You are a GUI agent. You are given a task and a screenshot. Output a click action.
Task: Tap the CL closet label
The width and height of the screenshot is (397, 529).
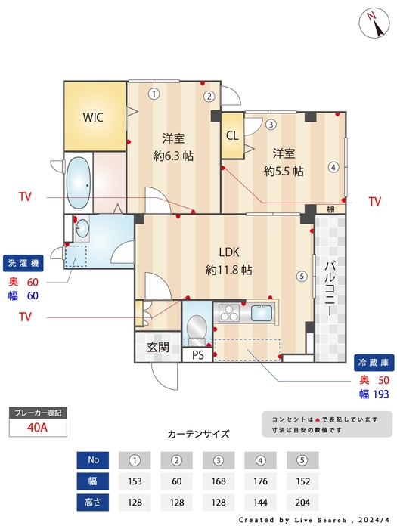click(233, 136)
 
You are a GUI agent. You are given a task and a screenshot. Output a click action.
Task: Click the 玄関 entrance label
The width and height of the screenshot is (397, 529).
click(158, 348)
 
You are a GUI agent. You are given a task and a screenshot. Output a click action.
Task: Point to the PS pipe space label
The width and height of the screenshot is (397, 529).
click(198, 354)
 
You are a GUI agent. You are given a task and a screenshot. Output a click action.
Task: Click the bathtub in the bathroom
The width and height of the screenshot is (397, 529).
click(79, 184)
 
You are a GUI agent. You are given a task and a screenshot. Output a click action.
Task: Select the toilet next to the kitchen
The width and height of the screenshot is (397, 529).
click(196, 326)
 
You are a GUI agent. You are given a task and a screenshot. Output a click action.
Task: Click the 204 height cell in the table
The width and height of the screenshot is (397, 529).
click(302, 502)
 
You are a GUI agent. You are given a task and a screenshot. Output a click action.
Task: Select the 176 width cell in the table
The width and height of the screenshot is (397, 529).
click(260, 481)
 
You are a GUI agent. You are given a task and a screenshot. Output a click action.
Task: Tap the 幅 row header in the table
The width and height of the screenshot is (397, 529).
click(94, 481)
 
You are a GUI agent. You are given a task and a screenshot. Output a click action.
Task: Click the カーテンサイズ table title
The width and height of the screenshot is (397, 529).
click(198, 434)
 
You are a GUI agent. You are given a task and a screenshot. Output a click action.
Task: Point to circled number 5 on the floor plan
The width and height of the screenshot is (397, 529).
click(302, 277)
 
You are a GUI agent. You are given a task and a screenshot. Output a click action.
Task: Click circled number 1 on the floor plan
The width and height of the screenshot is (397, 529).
click(154, 94)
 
